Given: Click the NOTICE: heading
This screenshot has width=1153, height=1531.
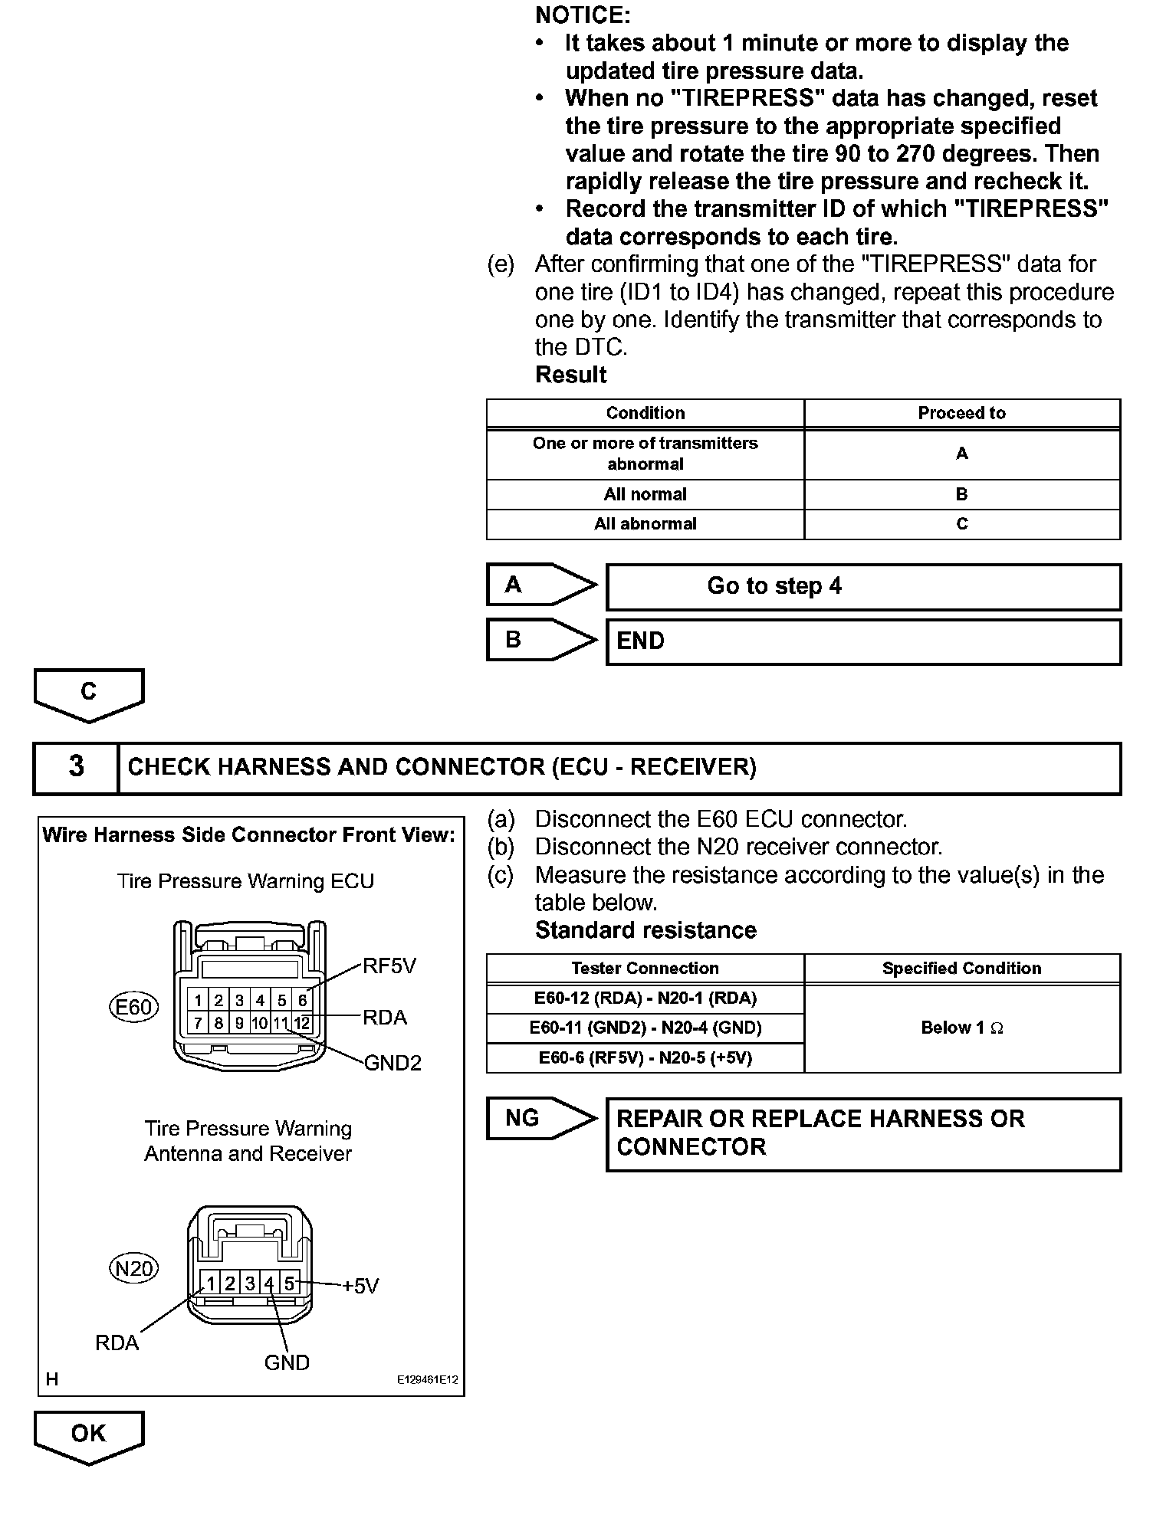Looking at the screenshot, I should [583, 15].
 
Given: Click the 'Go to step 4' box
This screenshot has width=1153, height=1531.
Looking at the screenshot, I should [863, 587].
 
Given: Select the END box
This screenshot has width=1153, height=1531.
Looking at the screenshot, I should [863, 641].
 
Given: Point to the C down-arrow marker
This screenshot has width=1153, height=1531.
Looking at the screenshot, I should [89, 693].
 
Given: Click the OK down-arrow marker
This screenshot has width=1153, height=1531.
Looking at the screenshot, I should [89, 1435].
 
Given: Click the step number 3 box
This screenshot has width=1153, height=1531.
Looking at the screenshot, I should [76, 767].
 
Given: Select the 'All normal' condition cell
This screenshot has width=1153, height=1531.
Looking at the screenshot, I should [645, 495].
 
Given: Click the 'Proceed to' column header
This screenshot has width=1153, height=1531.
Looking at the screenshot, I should [961, 414].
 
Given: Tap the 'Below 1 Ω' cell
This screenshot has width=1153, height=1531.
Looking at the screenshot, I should [961, 1028].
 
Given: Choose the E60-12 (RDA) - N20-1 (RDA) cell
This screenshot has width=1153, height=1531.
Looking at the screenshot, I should [645, 998].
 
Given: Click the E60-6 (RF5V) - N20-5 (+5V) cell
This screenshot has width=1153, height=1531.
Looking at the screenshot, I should [645, 1058].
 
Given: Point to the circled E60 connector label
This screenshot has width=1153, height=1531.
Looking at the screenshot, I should [134, 1007].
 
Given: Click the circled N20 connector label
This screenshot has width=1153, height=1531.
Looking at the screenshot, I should [134, 1270].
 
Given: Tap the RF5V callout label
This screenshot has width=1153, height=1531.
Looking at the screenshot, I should [389, 966].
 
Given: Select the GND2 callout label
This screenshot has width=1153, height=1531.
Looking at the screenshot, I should [393, 1063].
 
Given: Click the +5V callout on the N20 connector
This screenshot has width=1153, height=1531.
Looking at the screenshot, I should [360, 1287].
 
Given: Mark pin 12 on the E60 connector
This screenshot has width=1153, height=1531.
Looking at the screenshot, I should [302, 1023].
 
